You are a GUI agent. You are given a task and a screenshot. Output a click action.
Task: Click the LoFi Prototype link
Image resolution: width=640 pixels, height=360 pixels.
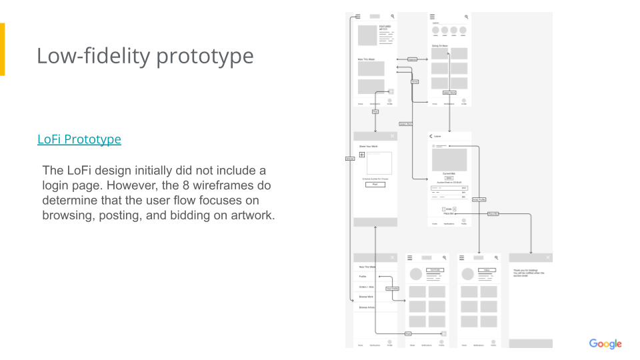point(79,139)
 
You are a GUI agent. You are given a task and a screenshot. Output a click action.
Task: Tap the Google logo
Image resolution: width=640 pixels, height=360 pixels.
point(605,344)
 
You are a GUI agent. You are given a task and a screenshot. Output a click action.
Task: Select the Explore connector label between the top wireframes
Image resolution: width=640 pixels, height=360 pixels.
point(412,59)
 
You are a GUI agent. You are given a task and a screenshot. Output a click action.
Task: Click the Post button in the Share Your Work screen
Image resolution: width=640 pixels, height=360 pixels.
point(375,184)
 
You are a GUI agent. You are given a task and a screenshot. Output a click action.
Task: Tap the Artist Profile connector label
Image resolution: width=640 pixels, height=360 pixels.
point(479,199)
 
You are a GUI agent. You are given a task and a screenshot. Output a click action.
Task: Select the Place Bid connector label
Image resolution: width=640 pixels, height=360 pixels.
point(493,214)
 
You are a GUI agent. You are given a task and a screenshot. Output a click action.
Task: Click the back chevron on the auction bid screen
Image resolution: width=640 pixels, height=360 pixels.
point(431,136)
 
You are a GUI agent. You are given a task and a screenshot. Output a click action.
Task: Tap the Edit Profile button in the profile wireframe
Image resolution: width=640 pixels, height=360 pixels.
point(435,270)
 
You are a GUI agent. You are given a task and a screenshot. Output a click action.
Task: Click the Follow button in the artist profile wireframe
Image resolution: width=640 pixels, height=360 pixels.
point(487,270)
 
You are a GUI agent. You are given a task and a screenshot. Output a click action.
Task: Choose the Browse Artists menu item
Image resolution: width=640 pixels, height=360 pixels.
point(367,307)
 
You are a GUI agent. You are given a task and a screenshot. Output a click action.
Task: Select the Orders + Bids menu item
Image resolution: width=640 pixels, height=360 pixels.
point(367,287)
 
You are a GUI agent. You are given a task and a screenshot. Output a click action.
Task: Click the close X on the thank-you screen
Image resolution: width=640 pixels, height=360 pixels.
point(548,257)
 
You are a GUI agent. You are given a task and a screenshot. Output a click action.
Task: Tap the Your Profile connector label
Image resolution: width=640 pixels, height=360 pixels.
point(392,289)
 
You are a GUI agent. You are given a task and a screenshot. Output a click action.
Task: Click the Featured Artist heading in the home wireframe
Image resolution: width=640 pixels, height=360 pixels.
point(385,28)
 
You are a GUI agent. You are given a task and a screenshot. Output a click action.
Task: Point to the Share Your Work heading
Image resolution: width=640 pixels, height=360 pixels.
point(368,146)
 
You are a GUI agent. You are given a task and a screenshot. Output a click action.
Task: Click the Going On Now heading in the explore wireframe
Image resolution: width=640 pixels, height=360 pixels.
point(439,46)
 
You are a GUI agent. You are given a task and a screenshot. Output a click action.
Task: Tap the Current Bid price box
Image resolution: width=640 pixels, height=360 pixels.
point(449,178)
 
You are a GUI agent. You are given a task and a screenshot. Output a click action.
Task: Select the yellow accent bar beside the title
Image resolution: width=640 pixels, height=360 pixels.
point(2,49)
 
